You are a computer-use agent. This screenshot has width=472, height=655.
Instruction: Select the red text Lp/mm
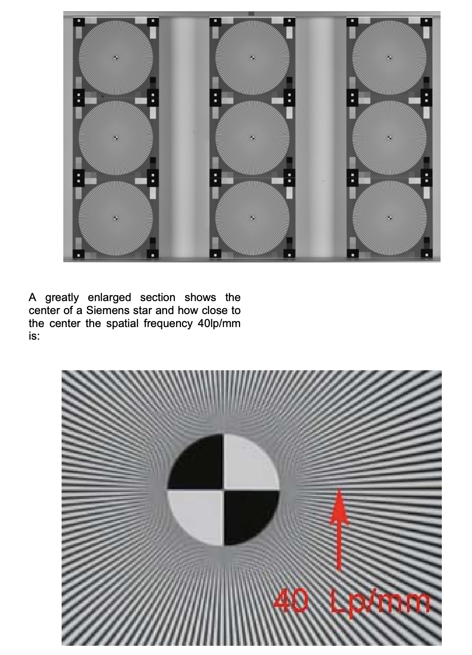click(x=380, y=602)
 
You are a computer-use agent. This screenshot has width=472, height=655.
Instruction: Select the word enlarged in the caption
click(x=109, y=298)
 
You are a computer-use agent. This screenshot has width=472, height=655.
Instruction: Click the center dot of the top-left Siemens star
click(x=116, y=58)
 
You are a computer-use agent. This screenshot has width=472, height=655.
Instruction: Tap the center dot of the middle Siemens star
click(x=252, y=138)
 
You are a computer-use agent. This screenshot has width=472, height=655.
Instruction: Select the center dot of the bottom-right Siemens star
click(x=389, y=218)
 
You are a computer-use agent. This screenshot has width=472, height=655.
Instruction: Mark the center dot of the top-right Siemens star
click(x=389, y=58)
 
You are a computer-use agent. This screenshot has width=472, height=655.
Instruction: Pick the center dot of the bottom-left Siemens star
click(x=116, y=218)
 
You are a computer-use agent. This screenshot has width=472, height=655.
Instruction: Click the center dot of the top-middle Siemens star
click(x=252, y=58)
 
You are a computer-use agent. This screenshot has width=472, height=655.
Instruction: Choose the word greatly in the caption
click(x=62, y=298)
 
